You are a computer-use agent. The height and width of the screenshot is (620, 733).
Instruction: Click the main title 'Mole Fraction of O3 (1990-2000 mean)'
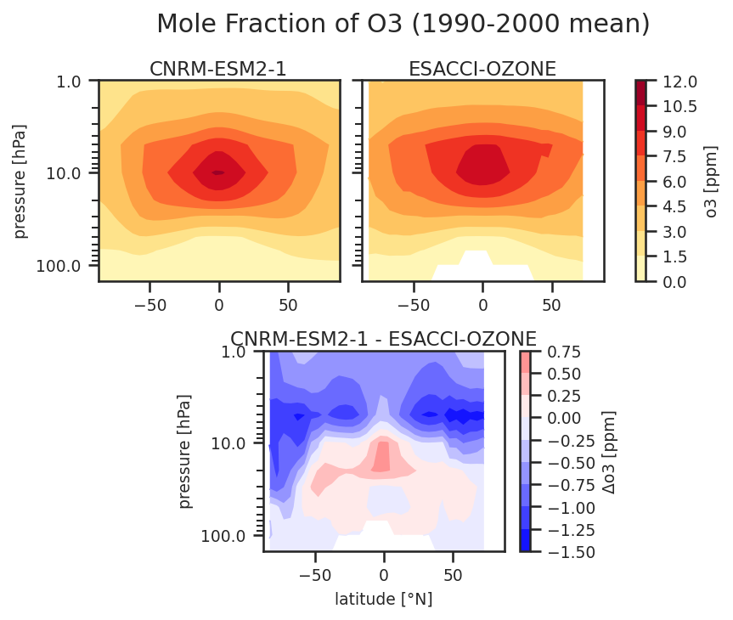(403, 25)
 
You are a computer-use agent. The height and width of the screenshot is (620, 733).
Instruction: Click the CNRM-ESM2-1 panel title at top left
(218, 69)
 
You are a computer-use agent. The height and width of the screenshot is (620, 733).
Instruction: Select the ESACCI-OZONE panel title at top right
(482, 69)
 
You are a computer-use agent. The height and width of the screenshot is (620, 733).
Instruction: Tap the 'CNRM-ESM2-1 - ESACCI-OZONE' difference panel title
(383, 339)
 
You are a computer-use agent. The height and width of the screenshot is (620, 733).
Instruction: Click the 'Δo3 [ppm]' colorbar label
(607, 451)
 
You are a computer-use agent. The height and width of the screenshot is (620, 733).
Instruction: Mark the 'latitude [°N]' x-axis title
(383, 600)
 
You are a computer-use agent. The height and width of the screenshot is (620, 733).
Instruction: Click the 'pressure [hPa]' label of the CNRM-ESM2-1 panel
(21, 181)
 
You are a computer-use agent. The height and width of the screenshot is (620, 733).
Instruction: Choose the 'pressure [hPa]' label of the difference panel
(186, 451)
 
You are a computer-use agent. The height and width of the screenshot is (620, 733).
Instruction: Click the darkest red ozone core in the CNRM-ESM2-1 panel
(218, 172)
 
